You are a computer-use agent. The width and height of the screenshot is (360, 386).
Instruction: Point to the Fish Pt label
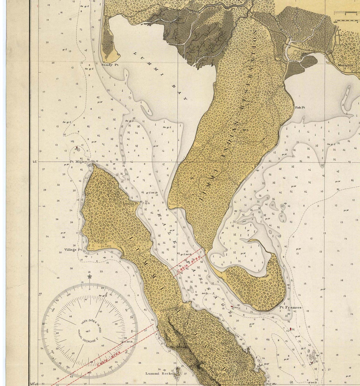coord(300,107)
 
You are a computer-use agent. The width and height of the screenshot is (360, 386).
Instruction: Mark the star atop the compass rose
coord(90,277)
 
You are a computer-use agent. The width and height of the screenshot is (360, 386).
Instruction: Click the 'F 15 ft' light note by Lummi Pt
coord(146,204)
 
